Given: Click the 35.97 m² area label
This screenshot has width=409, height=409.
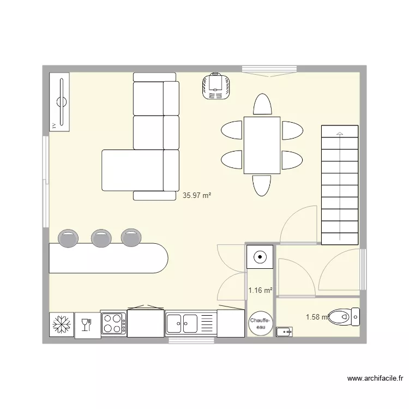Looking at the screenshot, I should (197, 195).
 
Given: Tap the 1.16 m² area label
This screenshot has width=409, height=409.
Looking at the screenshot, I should (260, 291).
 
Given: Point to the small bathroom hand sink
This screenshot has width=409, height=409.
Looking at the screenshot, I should (284, 330).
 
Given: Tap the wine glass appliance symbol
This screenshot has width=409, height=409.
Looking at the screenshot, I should (86, 326).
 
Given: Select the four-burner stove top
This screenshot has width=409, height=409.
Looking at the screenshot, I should (113, 322).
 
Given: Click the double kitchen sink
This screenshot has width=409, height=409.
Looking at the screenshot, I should (183, 323).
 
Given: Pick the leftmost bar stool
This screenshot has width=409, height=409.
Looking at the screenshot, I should (67, 237).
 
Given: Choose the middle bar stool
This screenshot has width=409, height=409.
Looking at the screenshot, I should (101, 237).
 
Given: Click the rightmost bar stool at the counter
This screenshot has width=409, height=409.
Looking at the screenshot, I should (131, 237).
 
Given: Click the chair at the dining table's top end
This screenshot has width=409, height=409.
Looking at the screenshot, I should (262, 105).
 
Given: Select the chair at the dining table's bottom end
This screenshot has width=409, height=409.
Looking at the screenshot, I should (261, 185).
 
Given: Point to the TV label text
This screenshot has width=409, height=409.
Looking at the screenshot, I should (53, 125).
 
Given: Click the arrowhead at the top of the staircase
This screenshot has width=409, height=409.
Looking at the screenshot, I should (340, 133).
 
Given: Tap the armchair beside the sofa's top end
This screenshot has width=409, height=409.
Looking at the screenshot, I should (218, 86).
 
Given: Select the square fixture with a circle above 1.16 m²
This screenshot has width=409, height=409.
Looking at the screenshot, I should (260, 256).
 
